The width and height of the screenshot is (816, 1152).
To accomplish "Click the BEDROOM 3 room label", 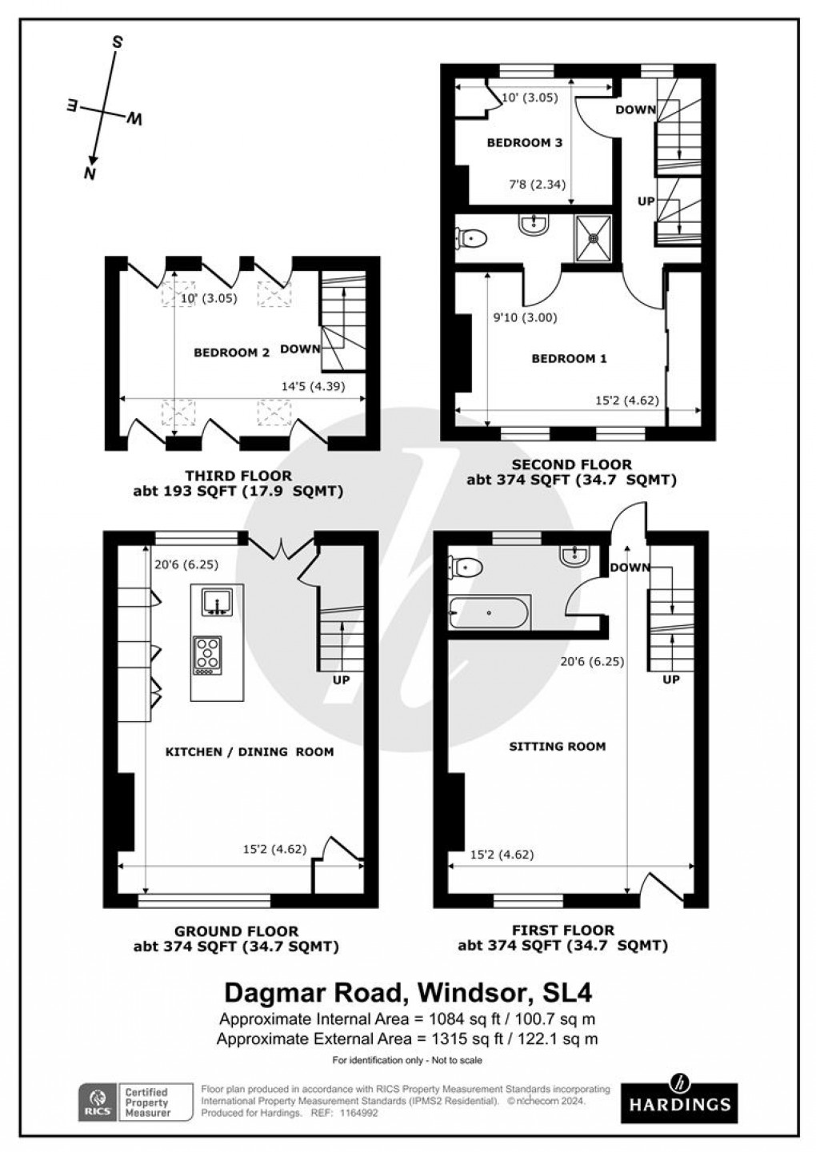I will point(525,143).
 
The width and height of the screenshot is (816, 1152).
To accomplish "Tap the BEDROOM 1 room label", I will point(569,359).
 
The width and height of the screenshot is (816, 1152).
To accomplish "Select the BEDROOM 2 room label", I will point(231,352).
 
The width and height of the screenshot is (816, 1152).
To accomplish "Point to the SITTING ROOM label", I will point(558,747).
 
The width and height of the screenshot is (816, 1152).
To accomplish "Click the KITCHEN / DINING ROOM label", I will point(249,751).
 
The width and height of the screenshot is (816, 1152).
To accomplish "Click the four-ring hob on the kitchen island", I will point(208,654).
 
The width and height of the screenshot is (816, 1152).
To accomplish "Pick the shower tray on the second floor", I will point(593,237).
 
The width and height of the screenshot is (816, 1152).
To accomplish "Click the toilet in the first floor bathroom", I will point(465,567).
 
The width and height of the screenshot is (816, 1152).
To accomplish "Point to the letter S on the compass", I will point(116,42).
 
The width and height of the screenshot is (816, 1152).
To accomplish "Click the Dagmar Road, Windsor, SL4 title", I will point(408,992).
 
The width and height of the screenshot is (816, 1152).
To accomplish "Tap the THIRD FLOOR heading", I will point(238,476).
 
